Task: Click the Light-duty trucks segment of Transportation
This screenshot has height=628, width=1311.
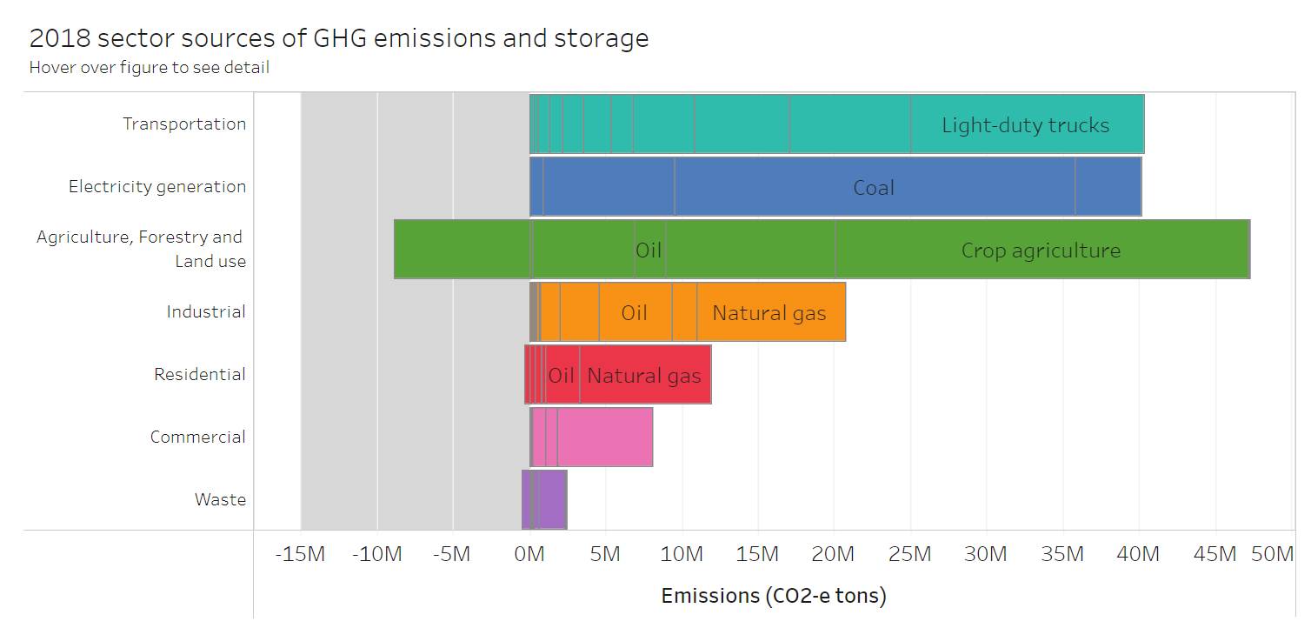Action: click(x=1026, y=124)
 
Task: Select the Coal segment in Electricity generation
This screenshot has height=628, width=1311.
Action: click(x=874, y=187)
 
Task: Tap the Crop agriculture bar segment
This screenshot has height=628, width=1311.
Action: click(x=1041, y=250)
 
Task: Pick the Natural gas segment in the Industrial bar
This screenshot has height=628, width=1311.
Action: click(x=769, y=312)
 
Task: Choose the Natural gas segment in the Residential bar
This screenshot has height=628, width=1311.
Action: click(x=644, y=375)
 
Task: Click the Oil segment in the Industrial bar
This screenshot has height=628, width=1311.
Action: click(x=635, y=312)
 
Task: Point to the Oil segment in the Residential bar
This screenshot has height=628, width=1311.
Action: click(x=562, y=375)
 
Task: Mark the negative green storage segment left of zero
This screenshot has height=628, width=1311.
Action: click(x=461, y=250)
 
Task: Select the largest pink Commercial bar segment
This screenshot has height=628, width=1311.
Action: click(x=604, y=438)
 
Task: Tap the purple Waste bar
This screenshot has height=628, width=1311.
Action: click(x=553, y=500)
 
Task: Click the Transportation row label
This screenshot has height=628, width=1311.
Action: click(x=184, y=124)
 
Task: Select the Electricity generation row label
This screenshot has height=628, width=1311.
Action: click(x=157, y=186)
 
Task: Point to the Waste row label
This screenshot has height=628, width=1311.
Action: click(x=220, y=499)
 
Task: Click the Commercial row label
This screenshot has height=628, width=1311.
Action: click(x=197, y=437)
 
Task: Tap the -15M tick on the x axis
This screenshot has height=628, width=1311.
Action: click(x=300, y=554)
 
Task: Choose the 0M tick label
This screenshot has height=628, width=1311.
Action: click(x=529, y=554)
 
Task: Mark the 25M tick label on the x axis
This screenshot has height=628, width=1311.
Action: click(x=909, y=554)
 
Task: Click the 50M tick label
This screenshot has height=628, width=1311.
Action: click(x=1272, y=554)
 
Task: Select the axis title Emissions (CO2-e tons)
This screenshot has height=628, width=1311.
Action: click(x=774, y=596)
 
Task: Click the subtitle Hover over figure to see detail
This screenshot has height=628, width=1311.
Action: click(x=149, y=67)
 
